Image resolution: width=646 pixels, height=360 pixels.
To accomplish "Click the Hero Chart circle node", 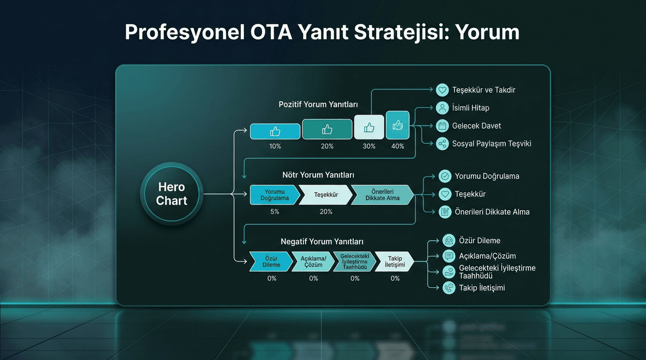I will [x=171, y=194].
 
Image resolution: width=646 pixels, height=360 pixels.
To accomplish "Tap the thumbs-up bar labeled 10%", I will [x=275, y=131].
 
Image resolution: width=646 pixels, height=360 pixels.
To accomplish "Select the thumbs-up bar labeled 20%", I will [x=327, y=130].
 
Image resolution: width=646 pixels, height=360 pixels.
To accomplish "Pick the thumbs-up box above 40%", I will [x=398, y=125].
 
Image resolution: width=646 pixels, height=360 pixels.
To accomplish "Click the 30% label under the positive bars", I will [x=369, y=146].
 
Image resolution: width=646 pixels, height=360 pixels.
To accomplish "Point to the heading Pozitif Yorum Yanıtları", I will [x=318, y=104].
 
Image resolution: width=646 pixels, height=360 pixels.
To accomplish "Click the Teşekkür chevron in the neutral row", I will [x=326, y=195].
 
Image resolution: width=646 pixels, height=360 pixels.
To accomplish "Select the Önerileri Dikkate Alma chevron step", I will [x=382, y=195].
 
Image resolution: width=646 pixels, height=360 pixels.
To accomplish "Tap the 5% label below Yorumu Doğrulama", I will [x=275, y=211].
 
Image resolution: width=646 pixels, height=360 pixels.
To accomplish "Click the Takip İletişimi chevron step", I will [x=395, y=262].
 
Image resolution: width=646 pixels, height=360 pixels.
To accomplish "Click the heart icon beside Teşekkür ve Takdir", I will [x=442, y=90].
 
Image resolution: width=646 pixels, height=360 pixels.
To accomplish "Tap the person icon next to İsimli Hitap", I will [x=442, y=108].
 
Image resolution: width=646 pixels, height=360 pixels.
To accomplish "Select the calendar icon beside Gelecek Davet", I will [x=442, y=126].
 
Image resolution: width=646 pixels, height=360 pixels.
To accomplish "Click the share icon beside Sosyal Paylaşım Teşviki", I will [x=442, y=144].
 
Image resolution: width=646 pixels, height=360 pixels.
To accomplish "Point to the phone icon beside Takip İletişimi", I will [x=448, y=288].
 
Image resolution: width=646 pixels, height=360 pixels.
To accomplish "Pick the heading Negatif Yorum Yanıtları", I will [x=318, y=242].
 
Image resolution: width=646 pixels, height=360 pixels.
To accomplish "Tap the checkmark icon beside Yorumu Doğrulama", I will [x=445, y=176].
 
